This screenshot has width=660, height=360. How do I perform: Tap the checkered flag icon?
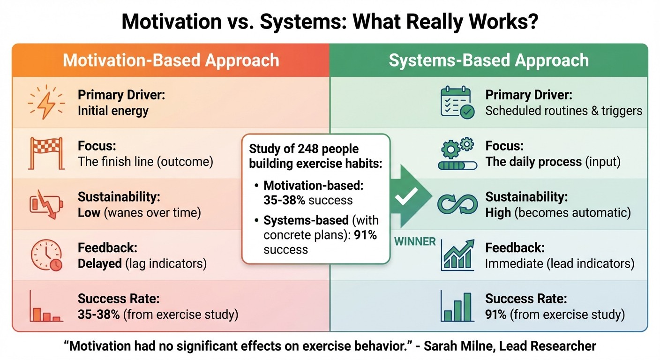tap(45, 153)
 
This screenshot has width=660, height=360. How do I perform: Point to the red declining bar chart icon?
tap(45, 307)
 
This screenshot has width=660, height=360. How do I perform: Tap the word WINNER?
tap(415, 241)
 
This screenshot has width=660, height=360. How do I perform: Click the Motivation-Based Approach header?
tap(171, 60)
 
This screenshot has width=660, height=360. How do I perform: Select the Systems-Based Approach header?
tap(488, 60)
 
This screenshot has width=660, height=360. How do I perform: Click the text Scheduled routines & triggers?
tap(563, 111)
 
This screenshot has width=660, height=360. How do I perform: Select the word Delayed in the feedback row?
tap(99, 263)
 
